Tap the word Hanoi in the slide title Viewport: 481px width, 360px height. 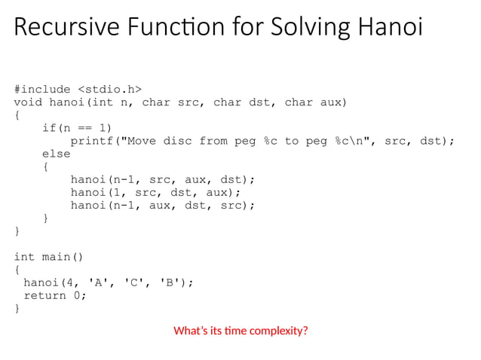384,28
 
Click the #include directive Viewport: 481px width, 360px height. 42,89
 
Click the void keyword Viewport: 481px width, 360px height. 28,102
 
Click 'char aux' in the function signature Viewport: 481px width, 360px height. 314,102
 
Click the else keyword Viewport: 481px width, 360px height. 56,154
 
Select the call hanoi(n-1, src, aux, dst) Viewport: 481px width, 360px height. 163,179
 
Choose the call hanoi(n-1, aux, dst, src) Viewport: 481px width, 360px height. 163,205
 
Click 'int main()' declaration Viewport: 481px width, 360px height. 49,257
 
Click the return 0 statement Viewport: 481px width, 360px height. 54,295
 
